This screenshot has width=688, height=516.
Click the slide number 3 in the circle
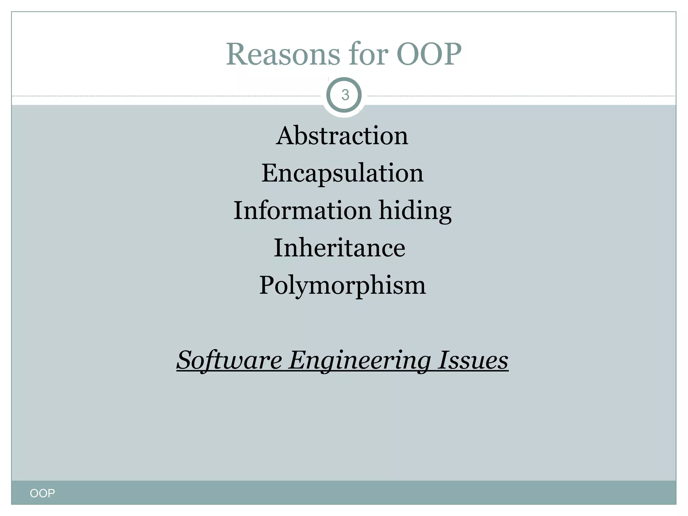point(345,95)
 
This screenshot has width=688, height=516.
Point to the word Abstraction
point(342,136)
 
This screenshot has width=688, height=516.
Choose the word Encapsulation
point(342,173)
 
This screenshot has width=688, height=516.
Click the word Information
point(302,210)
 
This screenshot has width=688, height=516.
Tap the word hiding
point(415,211)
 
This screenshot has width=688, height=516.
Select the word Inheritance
point(340,248)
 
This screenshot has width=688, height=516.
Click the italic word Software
point(229,360)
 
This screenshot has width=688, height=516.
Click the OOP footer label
point(42,493)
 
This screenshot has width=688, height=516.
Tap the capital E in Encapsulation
point(270,173)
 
